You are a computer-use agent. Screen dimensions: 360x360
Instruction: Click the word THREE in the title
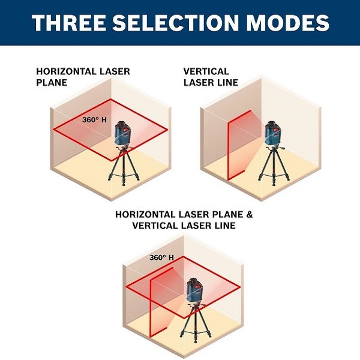[69, 23]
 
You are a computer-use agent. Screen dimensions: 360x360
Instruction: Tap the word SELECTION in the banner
[175, 23]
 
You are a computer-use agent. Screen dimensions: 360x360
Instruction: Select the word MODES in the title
[287, 23]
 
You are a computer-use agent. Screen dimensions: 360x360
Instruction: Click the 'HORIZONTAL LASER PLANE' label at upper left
[83, 77]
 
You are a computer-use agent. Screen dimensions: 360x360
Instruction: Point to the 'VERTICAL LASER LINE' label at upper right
[211, 77]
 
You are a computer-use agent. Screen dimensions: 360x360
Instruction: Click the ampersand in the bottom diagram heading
[250, 214]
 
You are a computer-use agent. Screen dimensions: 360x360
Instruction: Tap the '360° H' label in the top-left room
[94, 120]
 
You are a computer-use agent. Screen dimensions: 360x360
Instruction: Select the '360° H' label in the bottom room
[161, 257]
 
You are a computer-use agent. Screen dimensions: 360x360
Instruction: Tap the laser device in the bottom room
[194, 290]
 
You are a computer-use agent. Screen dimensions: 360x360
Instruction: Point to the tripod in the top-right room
[274, 166]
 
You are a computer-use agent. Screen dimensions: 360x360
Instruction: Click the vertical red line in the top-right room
[228, 152]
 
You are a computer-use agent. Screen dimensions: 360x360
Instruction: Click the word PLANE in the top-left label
[52, 83]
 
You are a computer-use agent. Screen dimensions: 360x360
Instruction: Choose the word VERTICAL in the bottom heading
[155, 226]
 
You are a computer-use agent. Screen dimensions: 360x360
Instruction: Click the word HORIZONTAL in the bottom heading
[145, 214]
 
